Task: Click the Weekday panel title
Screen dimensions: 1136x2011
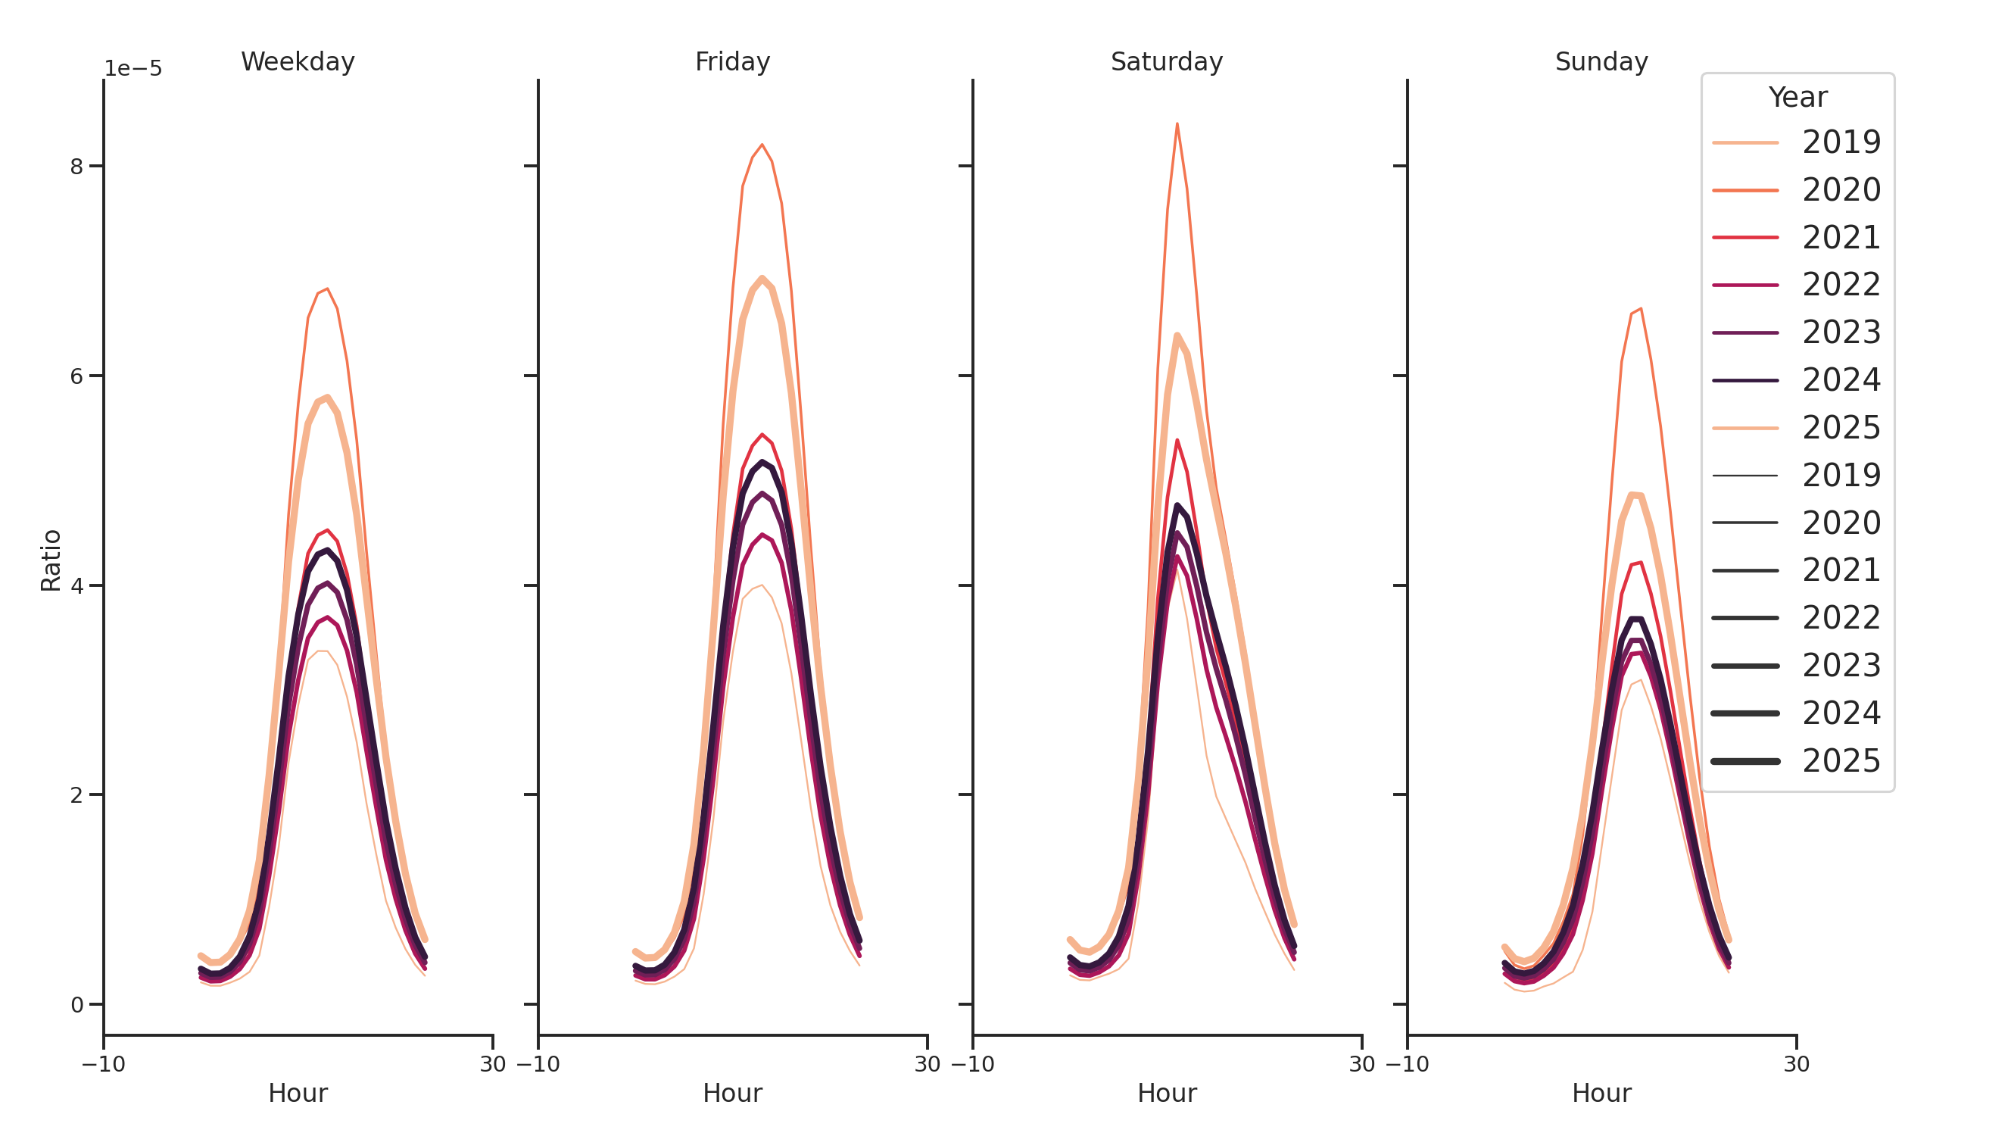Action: click(298, 61)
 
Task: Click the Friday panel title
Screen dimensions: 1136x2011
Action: click(731, 61)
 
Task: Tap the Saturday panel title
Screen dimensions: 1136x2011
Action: click(1166, 61)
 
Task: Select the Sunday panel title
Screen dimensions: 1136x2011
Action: click(1601, 61)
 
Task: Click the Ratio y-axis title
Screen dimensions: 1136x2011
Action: click(51, 560)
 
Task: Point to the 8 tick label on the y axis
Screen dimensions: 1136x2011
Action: click(76, 167)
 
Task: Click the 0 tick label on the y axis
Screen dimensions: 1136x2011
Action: click(76, 1005)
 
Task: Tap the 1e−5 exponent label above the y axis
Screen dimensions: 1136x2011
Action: click(133, 69)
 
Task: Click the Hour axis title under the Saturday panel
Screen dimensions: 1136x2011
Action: click(1166, 1093)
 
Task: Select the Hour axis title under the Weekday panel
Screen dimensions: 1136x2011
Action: click(298, 1093)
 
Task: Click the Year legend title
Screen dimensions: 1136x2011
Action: click(1797, 98)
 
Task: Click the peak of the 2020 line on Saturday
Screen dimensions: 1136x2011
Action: click(1177, 124)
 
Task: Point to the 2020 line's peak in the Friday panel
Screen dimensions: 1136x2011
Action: click(762, 145)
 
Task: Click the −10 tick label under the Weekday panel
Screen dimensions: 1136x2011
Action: click(103, 1064)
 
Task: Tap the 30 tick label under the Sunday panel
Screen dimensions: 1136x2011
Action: click(1796, 1064)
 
